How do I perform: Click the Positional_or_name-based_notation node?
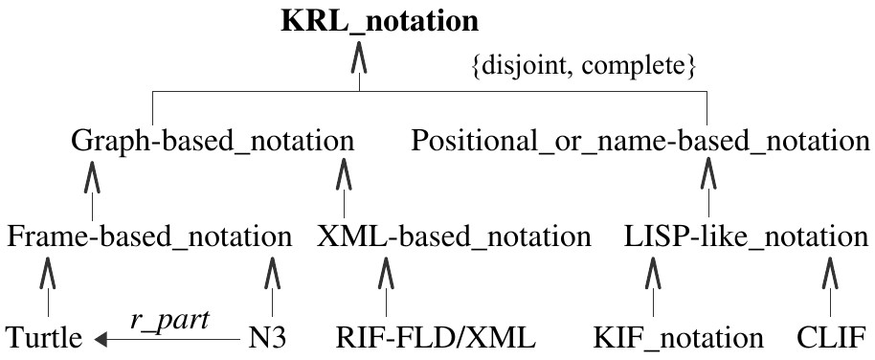[x=640, y=142]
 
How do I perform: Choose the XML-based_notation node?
[x=454, y=236]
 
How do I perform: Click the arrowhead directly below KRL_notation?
[x=359, y=62]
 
